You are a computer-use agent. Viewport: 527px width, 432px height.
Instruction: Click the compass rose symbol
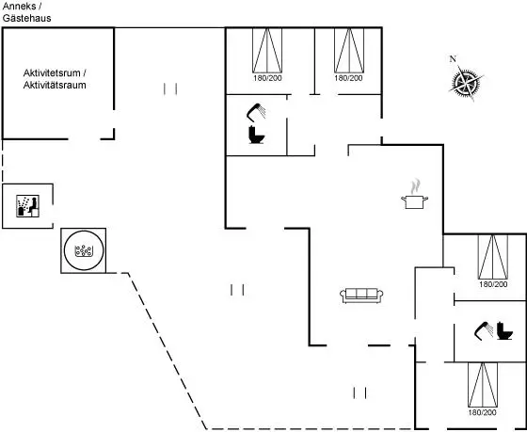(x=466, y=83)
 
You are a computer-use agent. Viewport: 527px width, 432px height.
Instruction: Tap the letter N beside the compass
(x=453, y=59)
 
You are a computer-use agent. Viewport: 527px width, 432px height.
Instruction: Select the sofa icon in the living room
(x=361, y=296)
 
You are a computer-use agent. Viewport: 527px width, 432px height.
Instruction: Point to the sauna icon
(x=27, y=206)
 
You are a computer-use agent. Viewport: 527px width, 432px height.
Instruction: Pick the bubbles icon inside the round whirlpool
(x=84, y=250)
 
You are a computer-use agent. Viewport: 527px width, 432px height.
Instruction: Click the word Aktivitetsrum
(x=52, y=73)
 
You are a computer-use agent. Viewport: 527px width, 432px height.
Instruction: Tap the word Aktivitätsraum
(x=55, y=85)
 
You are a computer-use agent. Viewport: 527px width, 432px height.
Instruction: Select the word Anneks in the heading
(x=19, y=6)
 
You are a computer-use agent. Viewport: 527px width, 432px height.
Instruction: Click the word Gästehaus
(x=27, y=18)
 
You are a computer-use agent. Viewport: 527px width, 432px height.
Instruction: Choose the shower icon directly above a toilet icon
(x=256, y=112)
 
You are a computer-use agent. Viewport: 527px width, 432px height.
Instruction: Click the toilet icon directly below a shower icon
(x=256, y=135)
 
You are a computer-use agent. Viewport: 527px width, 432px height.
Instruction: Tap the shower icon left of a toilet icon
(x=484, y=330)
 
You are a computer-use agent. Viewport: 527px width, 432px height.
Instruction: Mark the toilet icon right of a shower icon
(x=504, y=330)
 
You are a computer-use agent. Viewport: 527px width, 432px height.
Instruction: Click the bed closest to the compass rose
(x=349, y=50)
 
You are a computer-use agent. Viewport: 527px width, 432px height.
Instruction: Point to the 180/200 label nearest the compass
(x=348, y=78)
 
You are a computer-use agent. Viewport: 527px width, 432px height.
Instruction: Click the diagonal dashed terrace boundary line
(x=168, y=351)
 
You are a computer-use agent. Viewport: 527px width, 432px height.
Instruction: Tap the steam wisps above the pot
(x=416, y=186)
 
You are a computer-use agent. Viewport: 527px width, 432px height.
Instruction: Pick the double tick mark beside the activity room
(x=170, y=89)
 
